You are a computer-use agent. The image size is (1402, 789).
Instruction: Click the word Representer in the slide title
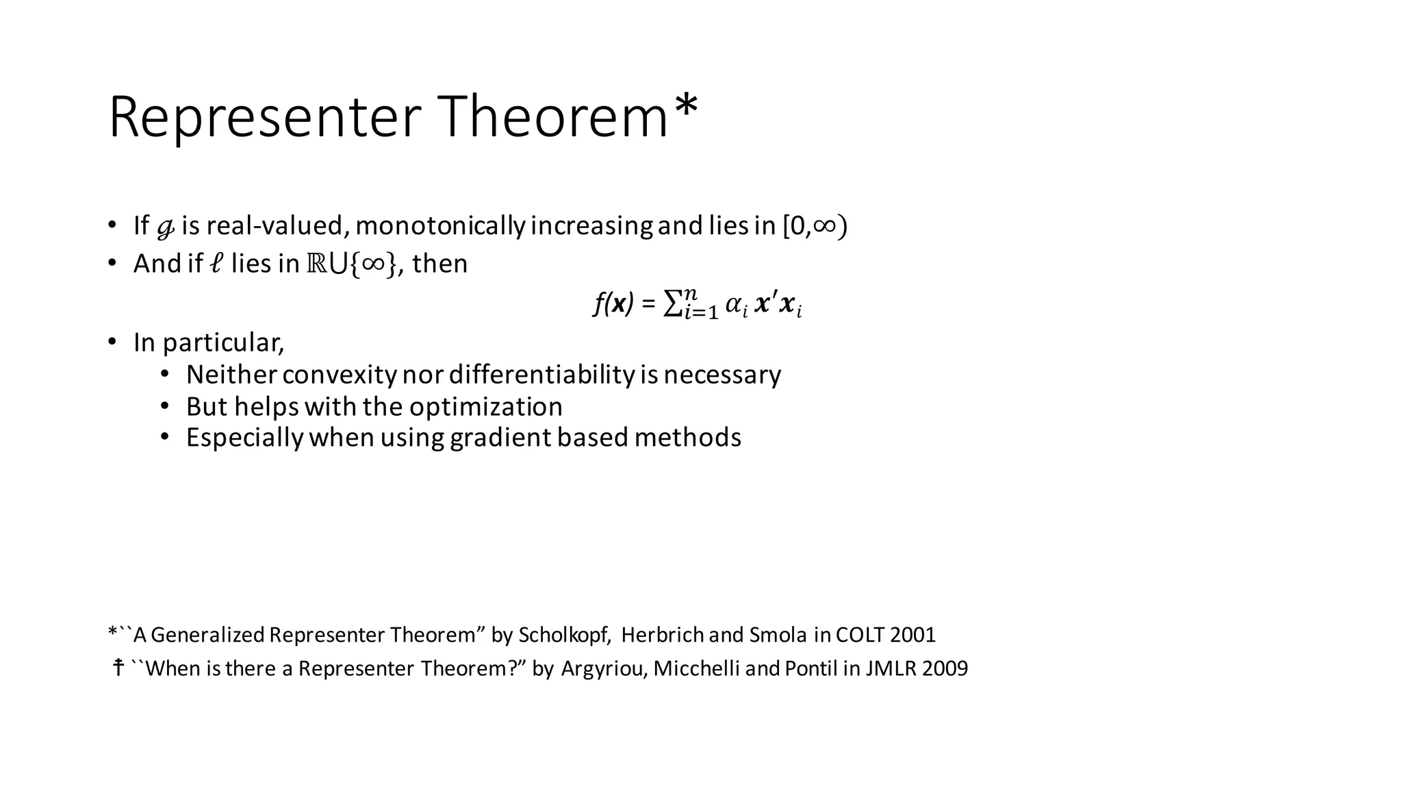263,118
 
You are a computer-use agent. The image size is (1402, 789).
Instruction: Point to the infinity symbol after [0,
824,226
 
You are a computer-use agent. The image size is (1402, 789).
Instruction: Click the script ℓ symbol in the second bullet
216,264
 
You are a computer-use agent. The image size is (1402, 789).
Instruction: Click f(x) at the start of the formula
613,303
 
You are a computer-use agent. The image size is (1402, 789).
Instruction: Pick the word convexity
339,375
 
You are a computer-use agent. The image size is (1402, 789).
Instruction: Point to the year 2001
913,635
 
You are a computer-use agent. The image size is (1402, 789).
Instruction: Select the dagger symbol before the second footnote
118,667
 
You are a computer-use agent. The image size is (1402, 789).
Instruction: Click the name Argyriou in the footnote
604,668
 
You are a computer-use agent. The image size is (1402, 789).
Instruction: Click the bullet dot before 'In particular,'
112,342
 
